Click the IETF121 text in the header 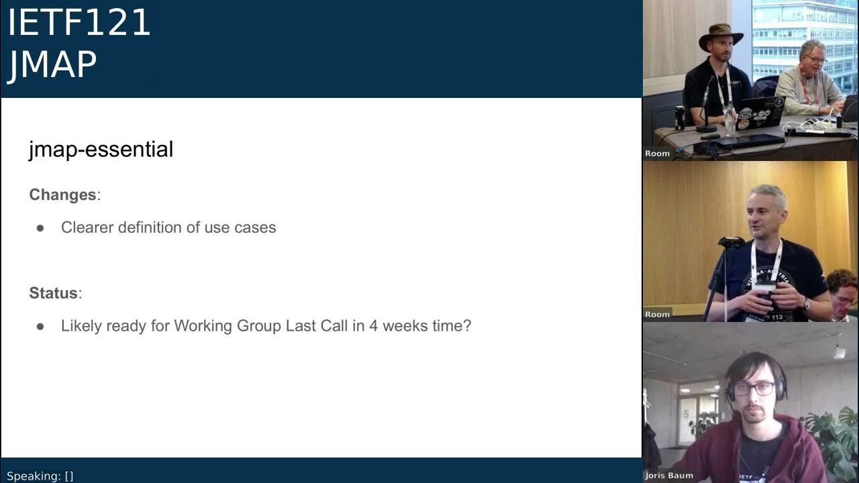click(79, 23)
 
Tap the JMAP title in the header click(52, 65)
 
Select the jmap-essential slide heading click(101, 149)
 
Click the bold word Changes click(62, 195)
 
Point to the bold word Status click(53, 293)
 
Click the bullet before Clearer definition click(40, 228)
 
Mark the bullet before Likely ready click(40, 327)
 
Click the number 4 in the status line click(373, 326)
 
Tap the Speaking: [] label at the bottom click(40, 476)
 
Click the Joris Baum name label click(669, 476)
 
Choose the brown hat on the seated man click(720, 35)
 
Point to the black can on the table click(680, 118)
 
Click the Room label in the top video click(657, 154)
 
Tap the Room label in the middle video click(657, 315)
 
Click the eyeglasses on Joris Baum click(753, 388)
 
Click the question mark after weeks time click(467, 326)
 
